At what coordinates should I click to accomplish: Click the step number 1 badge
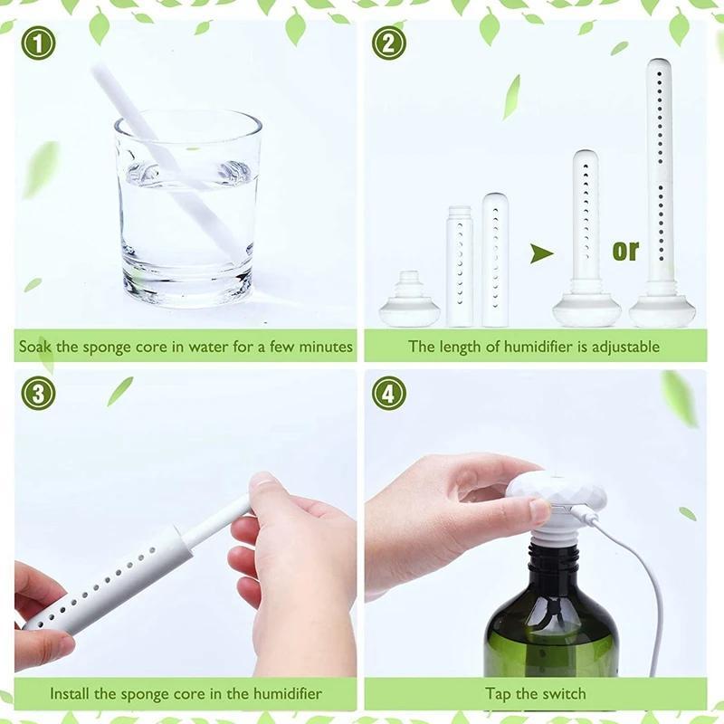click(x=38, y=43)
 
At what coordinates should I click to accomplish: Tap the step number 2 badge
click(x=388, y=43)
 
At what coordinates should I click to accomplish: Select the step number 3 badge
click(x=38, y=392)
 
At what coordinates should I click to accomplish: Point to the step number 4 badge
click(x=388, y=392)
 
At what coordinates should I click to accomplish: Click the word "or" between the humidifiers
click(x=625, y=250)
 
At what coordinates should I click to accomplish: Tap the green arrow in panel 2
click(x=541, y=253)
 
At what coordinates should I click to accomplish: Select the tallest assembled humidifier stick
click(x=660, y=181)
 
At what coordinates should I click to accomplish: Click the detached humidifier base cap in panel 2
click(x=409, y=303)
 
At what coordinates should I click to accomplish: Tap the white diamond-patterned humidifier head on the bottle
click(x=543, y=493)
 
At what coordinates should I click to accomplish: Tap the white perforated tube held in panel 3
click(x=109, y=579)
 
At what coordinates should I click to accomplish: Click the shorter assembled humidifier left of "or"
click(x=586, y=235)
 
